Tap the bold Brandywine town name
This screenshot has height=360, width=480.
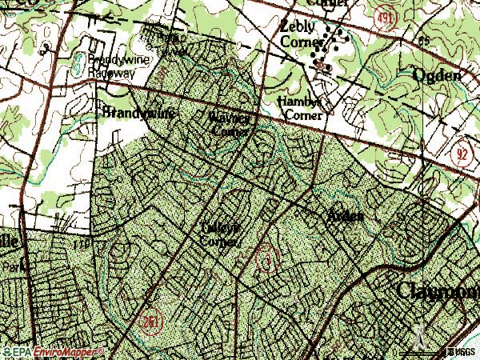pos(138,113)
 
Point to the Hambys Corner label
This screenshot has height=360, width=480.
pos(300,109)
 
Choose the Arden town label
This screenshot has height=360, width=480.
pos(345,216)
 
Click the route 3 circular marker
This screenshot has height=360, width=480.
pos(264,260)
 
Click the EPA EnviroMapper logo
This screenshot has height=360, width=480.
pos(52,352)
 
